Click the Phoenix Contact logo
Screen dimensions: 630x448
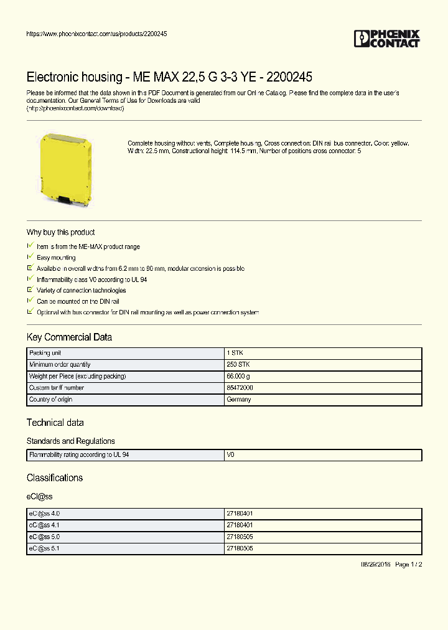386,39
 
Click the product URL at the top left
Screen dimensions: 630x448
96,34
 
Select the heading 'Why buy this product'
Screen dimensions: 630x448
60,232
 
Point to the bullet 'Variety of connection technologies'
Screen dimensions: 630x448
81,290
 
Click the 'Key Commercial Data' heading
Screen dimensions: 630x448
69,337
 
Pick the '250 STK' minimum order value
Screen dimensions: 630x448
238,365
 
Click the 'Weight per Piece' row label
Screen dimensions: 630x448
77,376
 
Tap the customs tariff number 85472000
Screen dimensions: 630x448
240,388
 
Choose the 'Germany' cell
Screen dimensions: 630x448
238,400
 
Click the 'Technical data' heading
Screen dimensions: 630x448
55,423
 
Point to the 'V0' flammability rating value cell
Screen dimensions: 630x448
230,455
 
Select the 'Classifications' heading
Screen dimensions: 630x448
54,478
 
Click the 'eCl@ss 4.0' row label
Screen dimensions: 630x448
44,514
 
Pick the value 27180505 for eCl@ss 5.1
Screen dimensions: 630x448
240,548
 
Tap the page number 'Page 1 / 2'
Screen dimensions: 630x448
408,564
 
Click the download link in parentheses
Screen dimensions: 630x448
75,108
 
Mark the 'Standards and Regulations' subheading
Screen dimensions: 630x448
70,441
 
